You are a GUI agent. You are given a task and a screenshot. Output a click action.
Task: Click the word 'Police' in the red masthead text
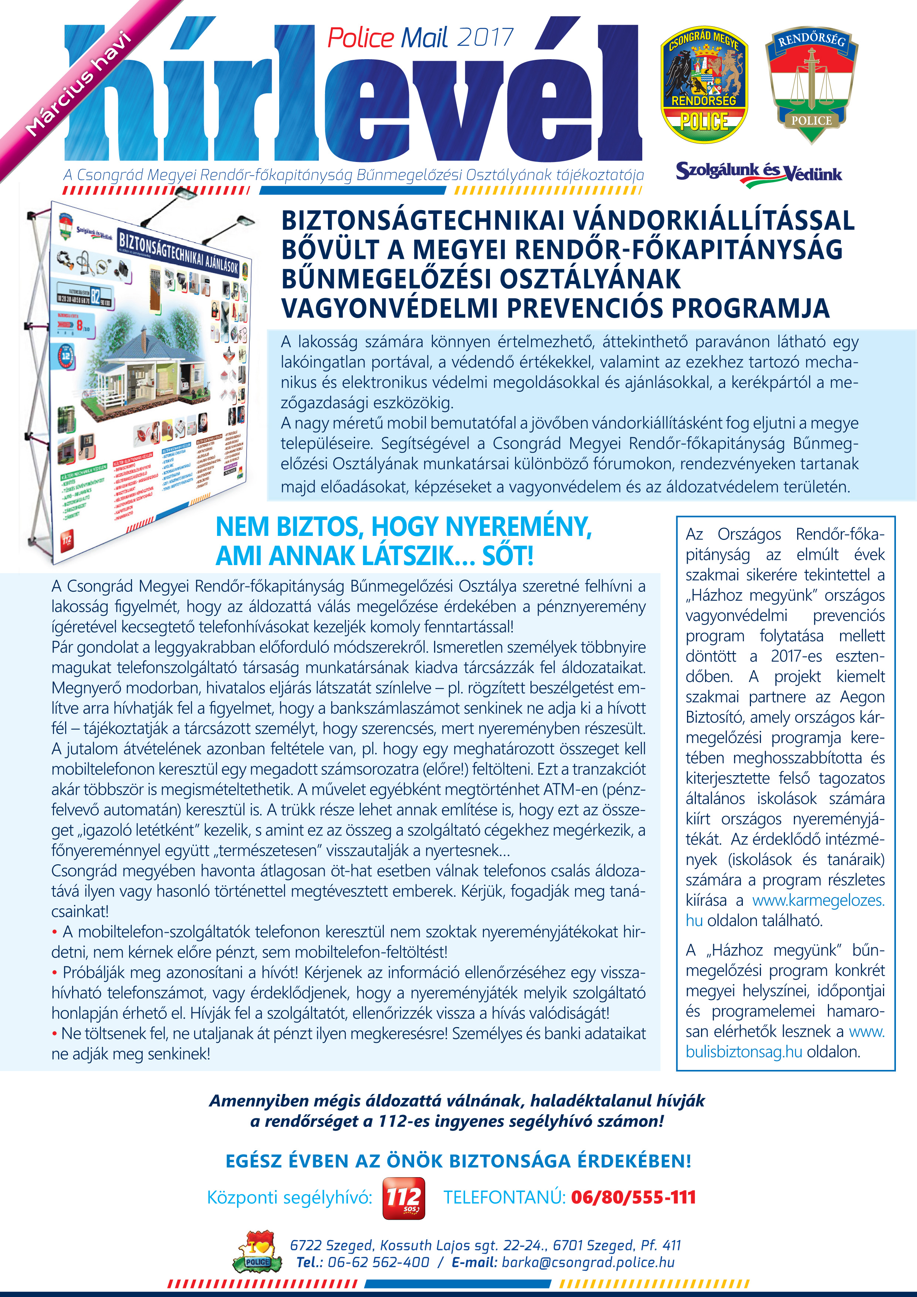click(360, 38)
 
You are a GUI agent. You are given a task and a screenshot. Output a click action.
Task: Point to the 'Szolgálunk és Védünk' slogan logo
click(758, 172)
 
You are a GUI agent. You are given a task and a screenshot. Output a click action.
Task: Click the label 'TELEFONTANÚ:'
click(504, 1197)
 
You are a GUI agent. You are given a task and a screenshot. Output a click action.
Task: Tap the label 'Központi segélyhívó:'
click(290, 1197)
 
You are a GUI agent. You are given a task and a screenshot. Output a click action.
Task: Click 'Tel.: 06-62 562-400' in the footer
click(362, 1262)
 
